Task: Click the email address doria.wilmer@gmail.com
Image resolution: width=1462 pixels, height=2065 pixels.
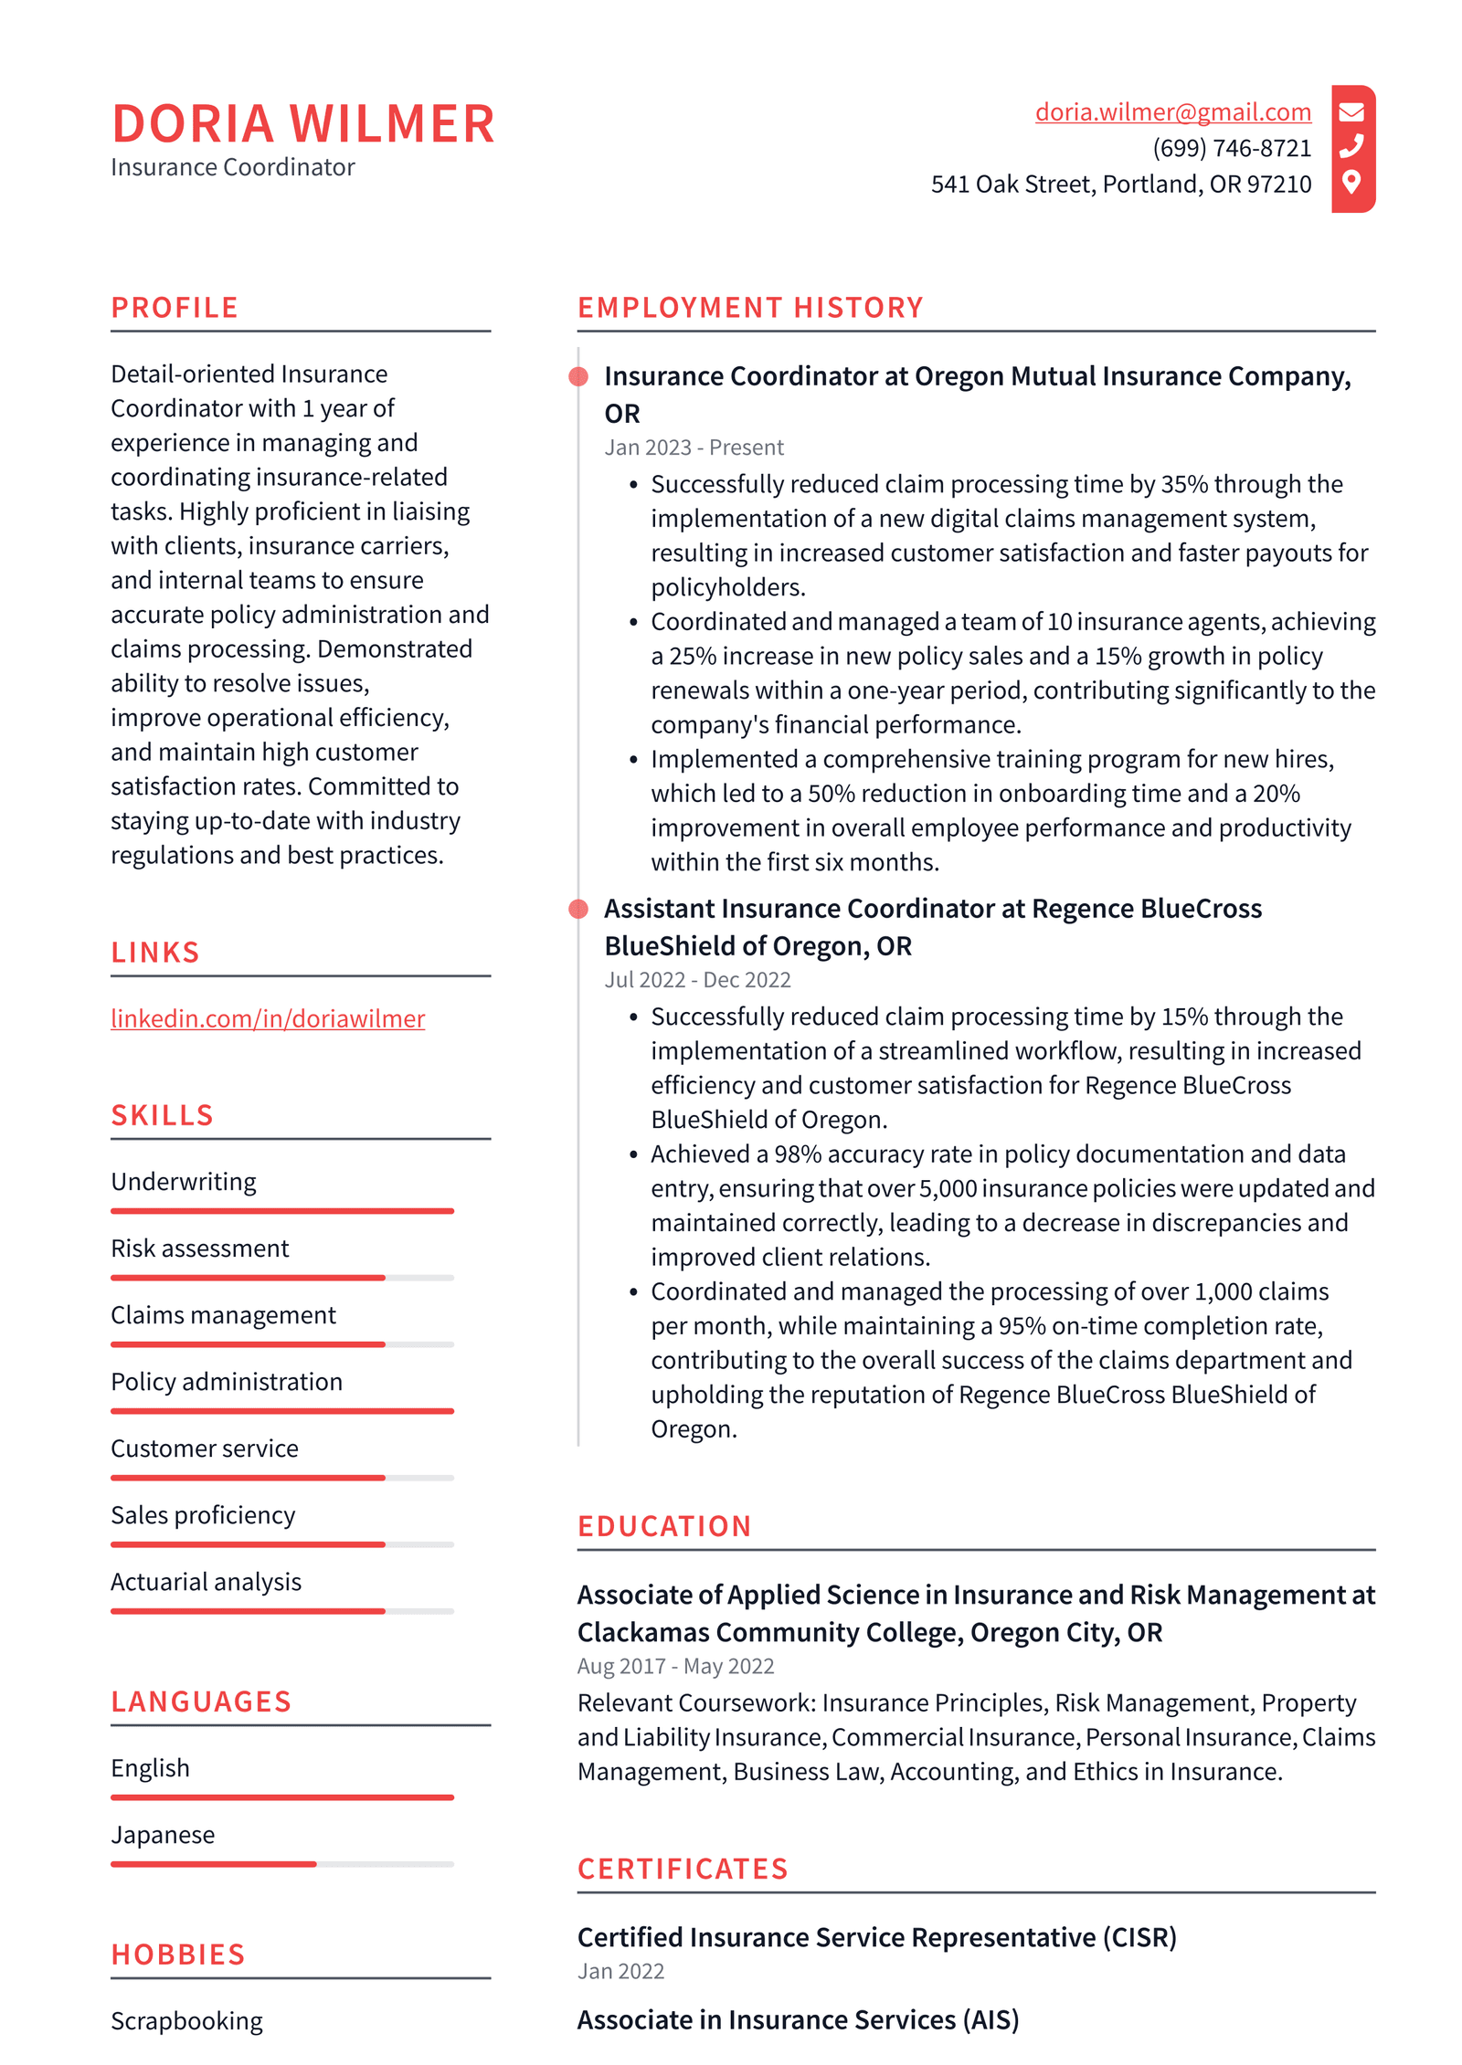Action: [1172, 111]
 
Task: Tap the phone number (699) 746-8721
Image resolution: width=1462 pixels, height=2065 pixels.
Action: [1231, 148]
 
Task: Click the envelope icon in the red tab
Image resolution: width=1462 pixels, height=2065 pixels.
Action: [1351, 111]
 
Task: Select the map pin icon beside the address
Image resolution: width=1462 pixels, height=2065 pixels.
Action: [1351, 182]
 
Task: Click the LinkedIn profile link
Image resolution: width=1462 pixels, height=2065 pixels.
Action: [268, 1018]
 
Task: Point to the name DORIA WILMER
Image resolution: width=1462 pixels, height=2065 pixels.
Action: [302, 124]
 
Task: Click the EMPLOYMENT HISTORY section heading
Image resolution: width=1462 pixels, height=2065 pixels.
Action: [750, 308]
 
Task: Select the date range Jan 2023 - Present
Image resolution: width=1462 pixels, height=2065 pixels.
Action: [694, 448]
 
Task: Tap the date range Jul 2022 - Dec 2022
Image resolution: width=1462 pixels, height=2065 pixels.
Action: [697, 980]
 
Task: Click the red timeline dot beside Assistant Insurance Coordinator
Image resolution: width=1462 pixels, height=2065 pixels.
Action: [578, 909]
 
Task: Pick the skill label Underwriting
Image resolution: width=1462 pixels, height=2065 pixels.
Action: [184, 1182]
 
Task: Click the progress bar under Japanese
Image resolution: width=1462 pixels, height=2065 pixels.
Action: [281, 1864]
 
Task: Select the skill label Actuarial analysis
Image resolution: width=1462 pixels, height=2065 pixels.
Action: [206, 1582]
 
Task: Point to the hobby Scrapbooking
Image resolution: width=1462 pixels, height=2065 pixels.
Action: [186, 2021]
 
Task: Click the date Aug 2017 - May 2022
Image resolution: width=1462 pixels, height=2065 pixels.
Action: [675, 1666]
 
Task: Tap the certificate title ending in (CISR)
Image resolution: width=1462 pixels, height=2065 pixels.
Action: [876, 1937]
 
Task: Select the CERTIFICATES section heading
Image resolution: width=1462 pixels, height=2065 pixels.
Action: [683, 1869]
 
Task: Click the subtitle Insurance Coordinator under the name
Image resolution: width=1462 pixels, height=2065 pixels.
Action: [232, 167]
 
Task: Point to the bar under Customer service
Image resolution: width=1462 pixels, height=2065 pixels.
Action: [281, 1478]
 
